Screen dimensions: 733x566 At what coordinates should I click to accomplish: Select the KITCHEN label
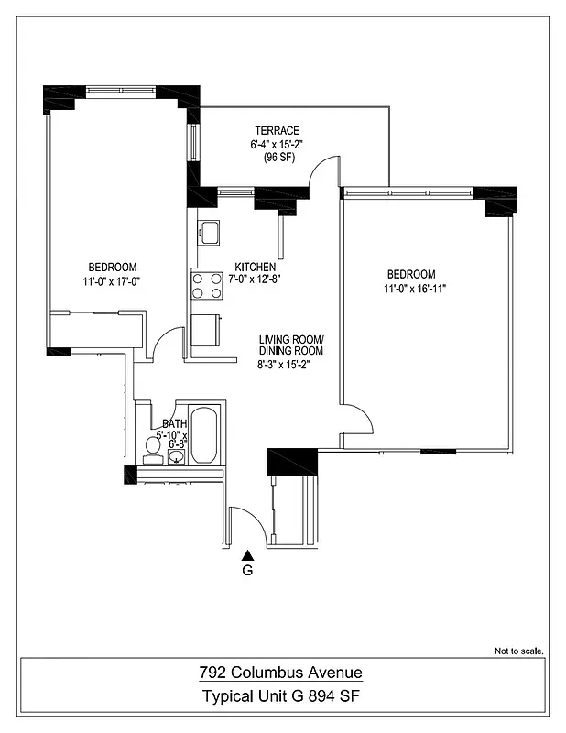255,267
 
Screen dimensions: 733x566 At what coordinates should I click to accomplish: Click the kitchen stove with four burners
208,286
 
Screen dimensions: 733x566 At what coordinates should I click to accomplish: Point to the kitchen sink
210,232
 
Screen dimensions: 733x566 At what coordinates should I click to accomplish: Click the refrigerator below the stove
206,328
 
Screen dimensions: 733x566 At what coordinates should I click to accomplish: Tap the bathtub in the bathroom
204,436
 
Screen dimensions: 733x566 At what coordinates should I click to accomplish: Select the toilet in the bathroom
154,446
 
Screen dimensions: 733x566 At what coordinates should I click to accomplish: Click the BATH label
174,423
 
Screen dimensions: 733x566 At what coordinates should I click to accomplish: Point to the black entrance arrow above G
247,553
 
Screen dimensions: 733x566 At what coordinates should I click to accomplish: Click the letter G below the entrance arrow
247,570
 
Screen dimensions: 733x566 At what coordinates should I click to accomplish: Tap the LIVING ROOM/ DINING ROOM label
290,345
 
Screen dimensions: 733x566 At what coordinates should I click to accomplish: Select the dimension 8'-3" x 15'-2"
290,364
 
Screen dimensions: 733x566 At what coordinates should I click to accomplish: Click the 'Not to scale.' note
519,651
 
